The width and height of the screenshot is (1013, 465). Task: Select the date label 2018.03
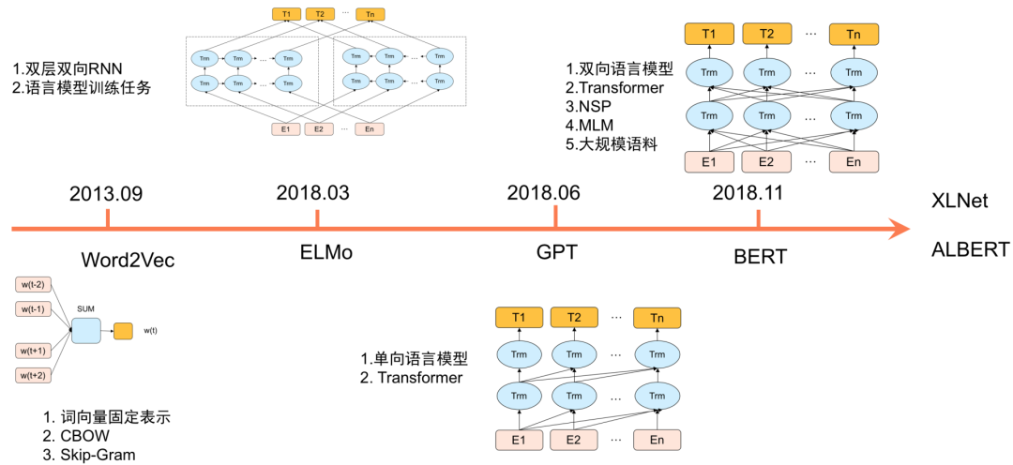[312, 192]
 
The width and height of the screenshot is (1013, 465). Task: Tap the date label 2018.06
[544, 192]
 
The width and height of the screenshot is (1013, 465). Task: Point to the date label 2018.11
[748, 192]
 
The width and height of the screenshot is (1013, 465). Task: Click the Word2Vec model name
[129, 259]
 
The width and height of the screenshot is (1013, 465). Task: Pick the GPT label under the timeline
[557, 253]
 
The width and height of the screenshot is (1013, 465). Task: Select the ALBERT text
[970, 249]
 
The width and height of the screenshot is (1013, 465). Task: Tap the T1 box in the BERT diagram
[709, 35]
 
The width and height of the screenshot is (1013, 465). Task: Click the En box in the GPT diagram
[657, 440]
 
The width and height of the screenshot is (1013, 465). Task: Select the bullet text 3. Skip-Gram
[89, 455]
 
